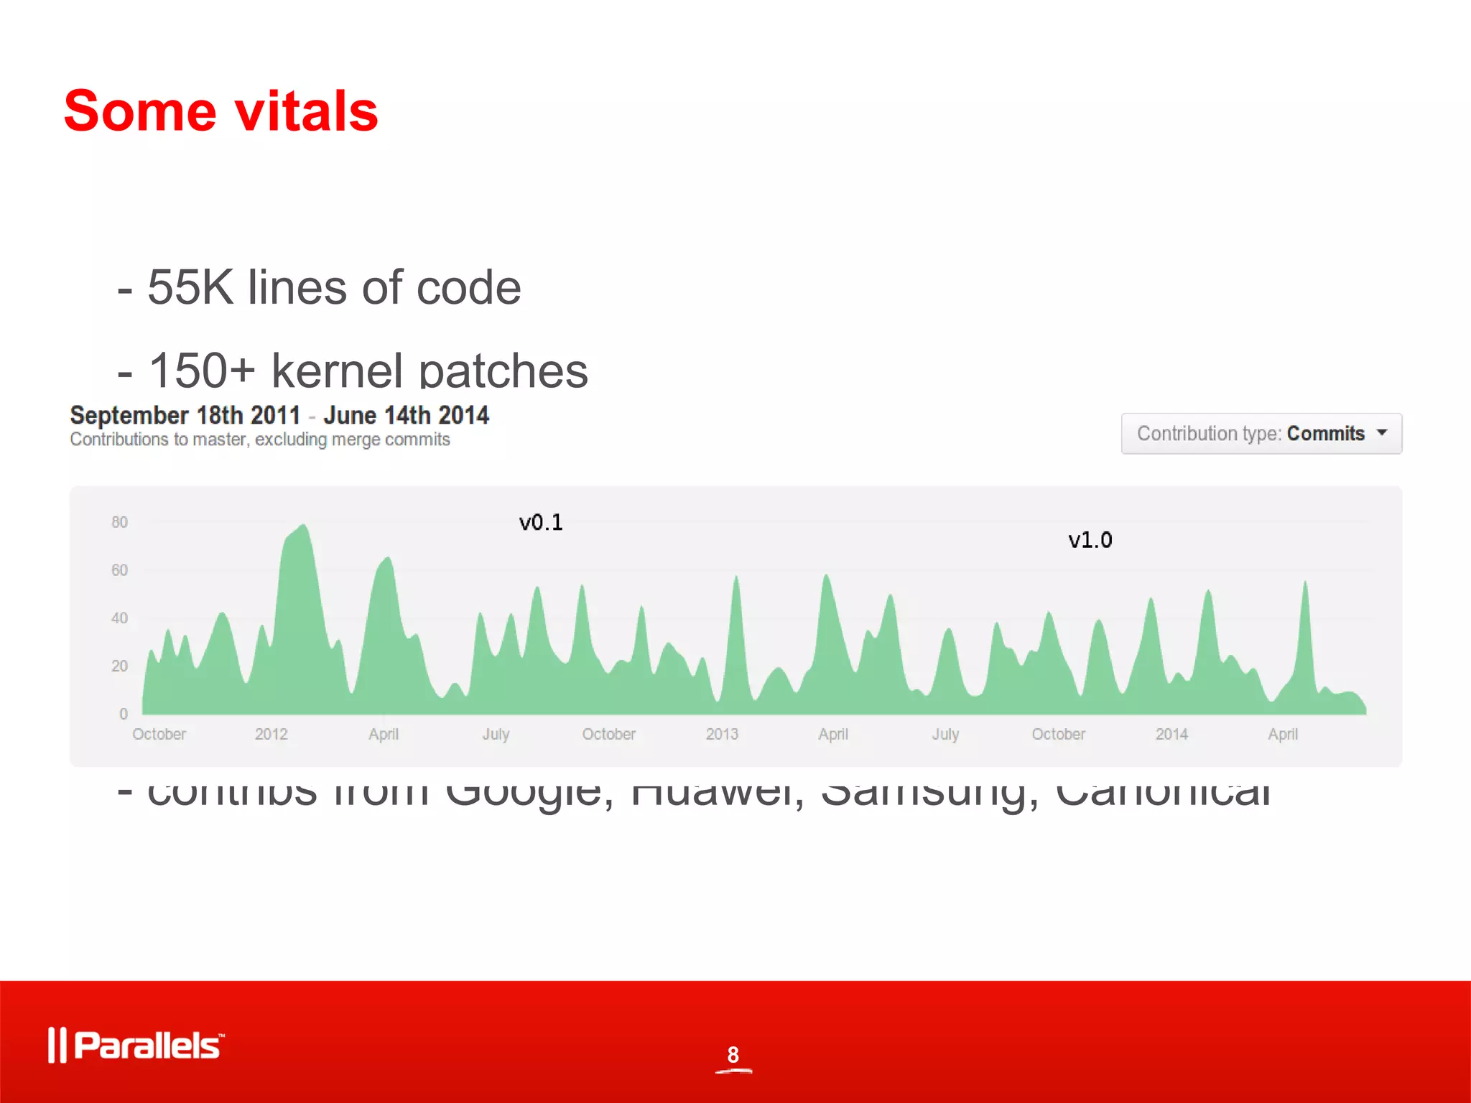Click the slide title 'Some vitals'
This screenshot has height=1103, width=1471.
click(x=221, y=111)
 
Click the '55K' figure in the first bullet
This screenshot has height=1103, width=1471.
click(x=190, y=288)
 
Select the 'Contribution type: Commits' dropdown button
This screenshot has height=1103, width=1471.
click(x=1261, y=434)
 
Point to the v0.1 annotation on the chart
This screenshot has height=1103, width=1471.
click(x=541, y=523)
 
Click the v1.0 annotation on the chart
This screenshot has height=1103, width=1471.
click(x=1090, y=540)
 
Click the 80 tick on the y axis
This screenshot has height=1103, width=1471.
click(x=119, y=522)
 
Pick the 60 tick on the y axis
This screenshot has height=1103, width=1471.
click(x=119, y=570)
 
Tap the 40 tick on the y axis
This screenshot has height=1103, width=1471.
click(x=119, y=618)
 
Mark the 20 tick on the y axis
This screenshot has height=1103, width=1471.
click(x=119, y=666)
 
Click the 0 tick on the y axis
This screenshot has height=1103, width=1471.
click(x=124, y=714)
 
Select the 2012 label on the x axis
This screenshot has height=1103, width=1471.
click(x=271, y=734)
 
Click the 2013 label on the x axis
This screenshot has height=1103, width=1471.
click(x=722, y=734)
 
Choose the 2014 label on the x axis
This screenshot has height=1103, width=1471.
click(x=1171, y=734)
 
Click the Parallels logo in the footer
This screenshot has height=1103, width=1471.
click(x=136, y=1045)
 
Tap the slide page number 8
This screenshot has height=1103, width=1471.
click(x=733, y=1055)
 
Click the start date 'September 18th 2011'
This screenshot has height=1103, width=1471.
click(x=185, y=415)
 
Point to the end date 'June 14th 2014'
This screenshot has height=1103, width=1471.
click(x=406, y=415)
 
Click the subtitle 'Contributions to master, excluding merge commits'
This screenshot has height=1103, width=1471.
click(x=260, y=439)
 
